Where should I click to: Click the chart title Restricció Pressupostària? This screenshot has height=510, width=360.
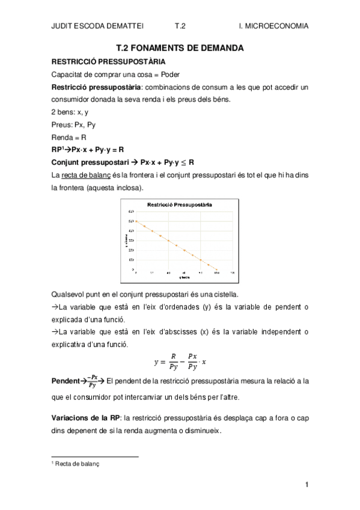click(x=180, y=205)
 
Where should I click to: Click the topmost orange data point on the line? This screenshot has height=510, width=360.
click(x=137, y=221)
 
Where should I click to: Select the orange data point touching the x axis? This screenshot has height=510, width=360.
click(x=216, y=269)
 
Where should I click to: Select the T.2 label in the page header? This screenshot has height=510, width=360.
click(x=180, y=26)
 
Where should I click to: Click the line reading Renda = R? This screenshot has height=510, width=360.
click(x=69, y=137)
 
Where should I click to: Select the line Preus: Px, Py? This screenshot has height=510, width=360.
click(x=73, y=124)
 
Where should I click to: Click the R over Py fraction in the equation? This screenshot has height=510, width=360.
click(x=174, y=362)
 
